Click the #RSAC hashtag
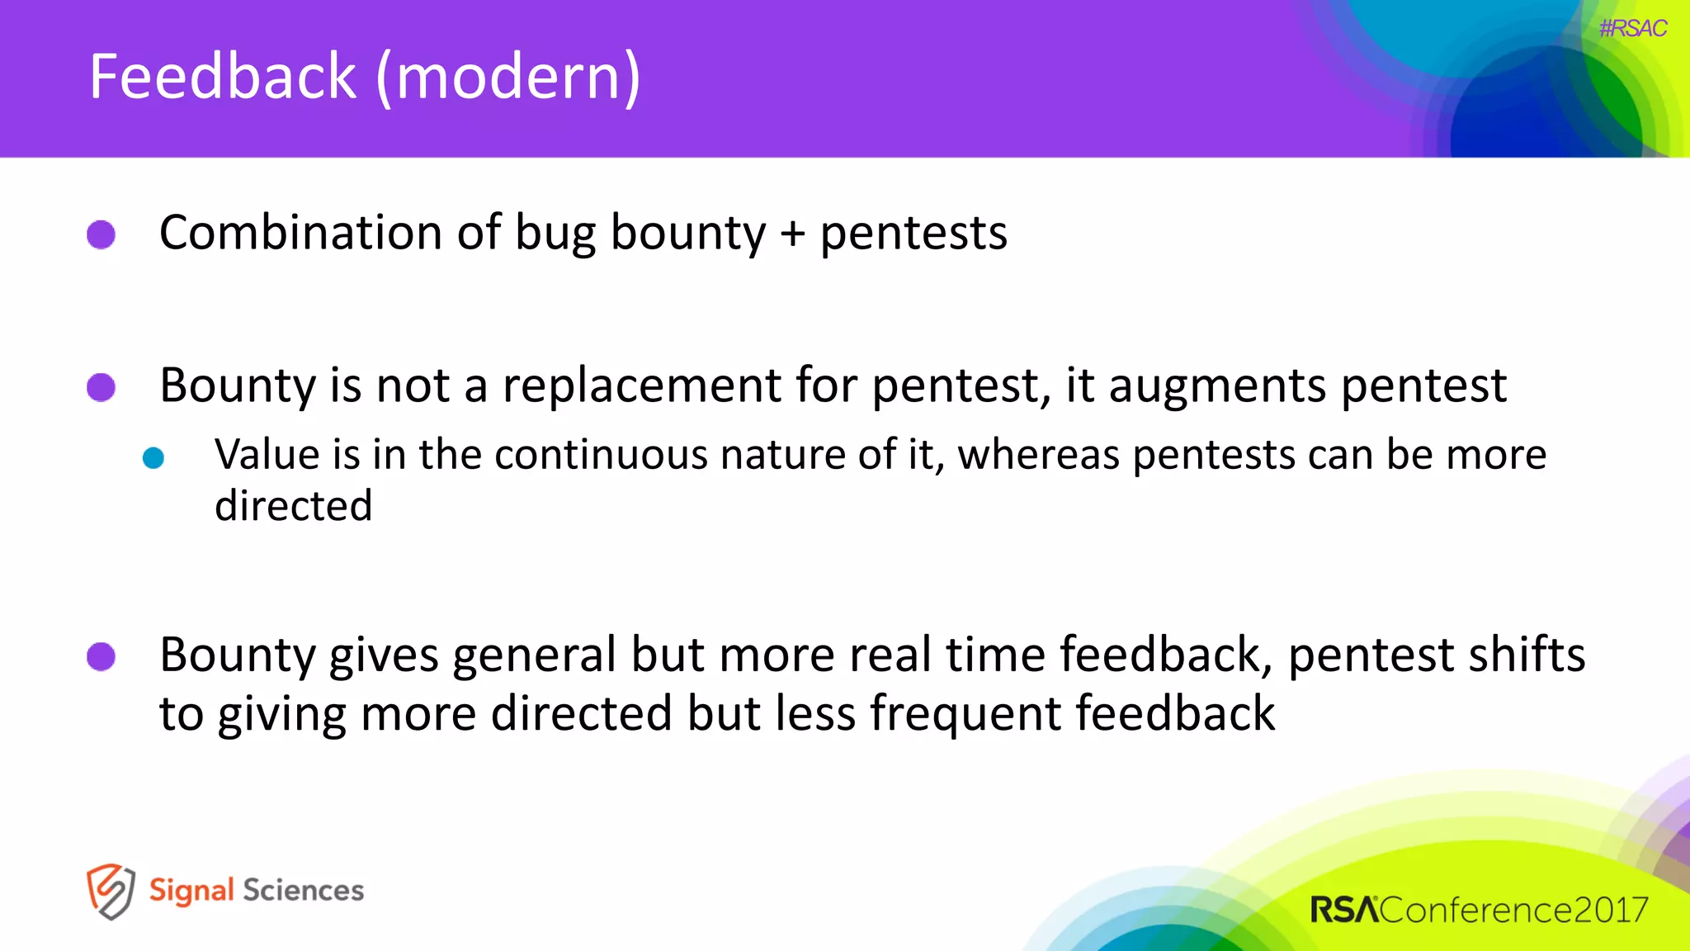pos(1632,28)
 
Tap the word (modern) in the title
pos(508,77)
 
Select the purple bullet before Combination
pos(101,234)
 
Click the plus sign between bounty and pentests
pos(792,234)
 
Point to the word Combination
pos(300,233)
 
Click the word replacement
pos(641,386)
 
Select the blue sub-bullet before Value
pos(153,457)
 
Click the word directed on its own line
pos(293,506)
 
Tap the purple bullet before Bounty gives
pos(101,657)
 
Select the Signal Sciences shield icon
pos(111,891)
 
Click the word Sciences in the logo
pos(303,891)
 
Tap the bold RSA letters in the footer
pos(1344,910)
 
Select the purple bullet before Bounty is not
pos(101,387)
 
